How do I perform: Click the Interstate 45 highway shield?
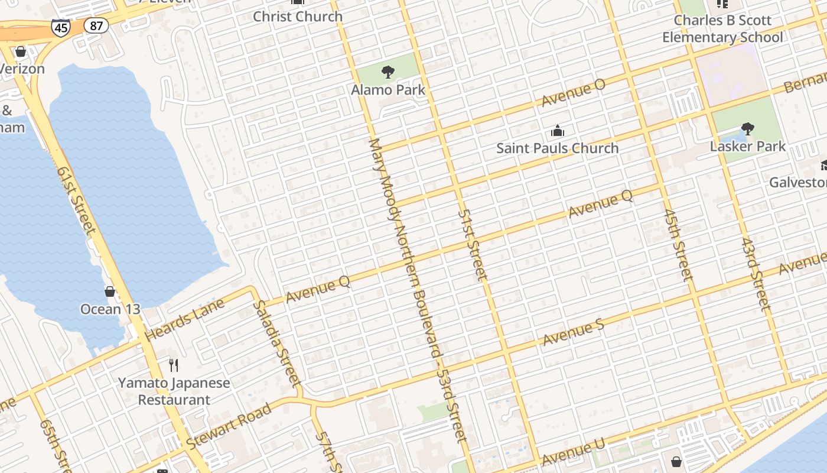pyautogui.click(x=61, y=27)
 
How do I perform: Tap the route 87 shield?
pyautogui.click(x=95, y=25)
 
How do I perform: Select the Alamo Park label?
pyautogui.click(x=388, y=90)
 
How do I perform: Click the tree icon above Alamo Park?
pyautogui.click(x=388, y=72)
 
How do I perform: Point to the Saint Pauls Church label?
pyautogui.click(x=557, y=148)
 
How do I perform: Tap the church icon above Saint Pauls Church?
pyautogui.click(x=557, y=131)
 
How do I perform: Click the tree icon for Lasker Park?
pyautogui.click(x=748, y=129)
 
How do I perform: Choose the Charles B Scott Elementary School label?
pyautogui.click(x=722, y=29)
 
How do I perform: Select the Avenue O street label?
pyautogui.click(x=574, y=93)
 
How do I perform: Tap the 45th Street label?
pyautogui.click(x=678, y=244)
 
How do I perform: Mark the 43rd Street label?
pyautogui.click(x=756, y=275)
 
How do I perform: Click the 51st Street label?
pyautogui.click(x=473, y=244)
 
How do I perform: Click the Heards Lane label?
pyautogui.click(x=185, y=319)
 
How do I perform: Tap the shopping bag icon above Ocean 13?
pyautogui.click(x=110, y=291)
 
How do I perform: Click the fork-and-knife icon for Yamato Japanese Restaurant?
pyautogui.click(x=174, y=365)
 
